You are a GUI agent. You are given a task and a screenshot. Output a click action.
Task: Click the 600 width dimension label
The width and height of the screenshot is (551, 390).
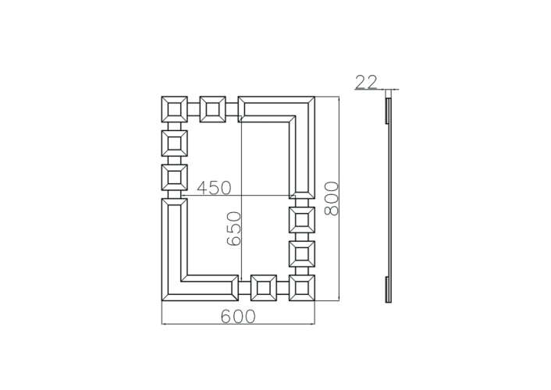[x=238, y=317]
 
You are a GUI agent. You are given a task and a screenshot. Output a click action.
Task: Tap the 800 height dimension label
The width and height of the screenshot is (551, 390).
[x=331, y=198]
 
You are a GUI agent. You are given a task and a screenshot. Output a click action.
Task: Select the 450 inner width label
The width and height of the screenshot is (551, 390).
[x=214, y=188]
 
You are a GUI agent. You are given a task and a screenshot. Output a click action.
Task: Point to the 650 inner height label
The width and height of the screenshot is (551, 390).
[x=234, y=229]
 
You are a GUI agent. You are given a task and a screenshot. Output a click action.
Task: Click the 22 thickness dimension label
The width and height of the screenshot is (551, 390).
[x=366, y=82]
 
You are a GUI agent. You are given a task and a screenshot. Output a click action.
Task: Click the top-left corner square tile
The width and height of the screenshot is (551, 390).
[x=174, y=109]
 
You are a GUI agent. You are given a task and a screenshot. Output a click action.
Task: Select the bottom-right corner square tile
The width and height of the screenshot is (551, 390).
[x=302, y=288]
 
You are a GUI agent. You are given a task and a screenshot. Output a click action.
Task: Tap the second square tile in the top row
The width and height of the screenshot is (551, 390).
[x=212, y=109]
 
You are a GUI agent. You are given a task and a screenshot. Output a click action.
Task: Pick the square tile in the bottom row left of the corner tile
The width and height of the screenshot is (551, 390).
[x=264, y=288]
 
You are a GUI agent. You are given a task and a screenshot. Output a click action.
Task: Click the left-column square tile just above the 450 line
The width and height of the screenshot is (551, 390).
[x=174, y=177]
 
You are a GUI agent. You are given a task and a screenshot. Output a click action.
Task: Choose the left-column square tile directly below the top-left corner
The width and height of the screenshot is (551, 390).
[x=174, y=144]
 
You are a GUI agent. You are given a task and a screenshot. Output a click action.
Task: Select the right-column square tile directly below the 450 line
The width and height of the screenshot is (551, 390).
[x=302, y=220]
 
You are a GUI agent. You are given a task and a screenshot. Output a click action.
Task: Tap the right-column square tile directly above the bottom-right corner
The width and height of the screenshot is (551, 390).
[x=302, y=254]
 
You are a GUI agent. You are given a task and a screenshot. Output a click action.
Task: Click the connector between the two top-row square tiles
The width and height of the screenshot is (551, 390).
[x=194, y=109]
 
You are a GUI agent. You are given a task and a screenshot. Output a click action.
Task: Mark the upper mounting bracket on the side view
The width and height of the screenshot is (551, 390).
[x=387, y=111]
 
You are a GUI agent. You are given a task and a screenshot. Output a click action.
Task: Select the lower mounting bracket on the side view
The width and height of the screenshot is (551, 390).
[x=387, y=289]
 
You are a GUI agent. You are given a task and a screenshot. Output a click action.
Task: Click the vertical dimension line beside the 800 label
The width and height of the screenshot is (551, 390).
[x=339, y=199]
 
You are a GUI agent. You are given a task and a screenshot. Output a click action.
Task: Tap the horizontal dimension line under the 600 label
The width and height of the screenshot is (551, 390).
[x=238, y=324]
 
